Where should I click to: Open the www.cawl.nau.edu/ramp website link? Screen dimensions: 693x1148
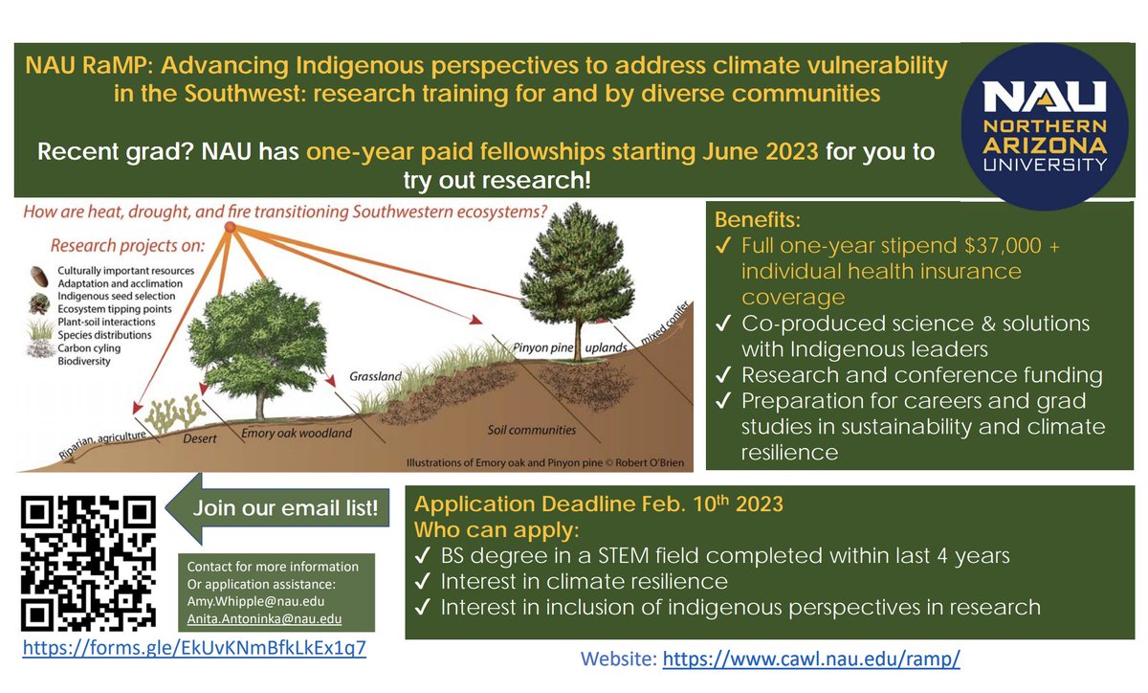810,659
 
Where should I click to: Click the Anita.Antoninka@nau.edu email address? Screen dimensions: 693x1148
251,616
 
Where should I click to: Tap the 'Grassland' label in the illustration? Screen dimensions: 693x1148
374,376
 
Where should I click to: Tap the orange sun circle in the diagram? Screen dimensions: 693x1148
230,229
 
